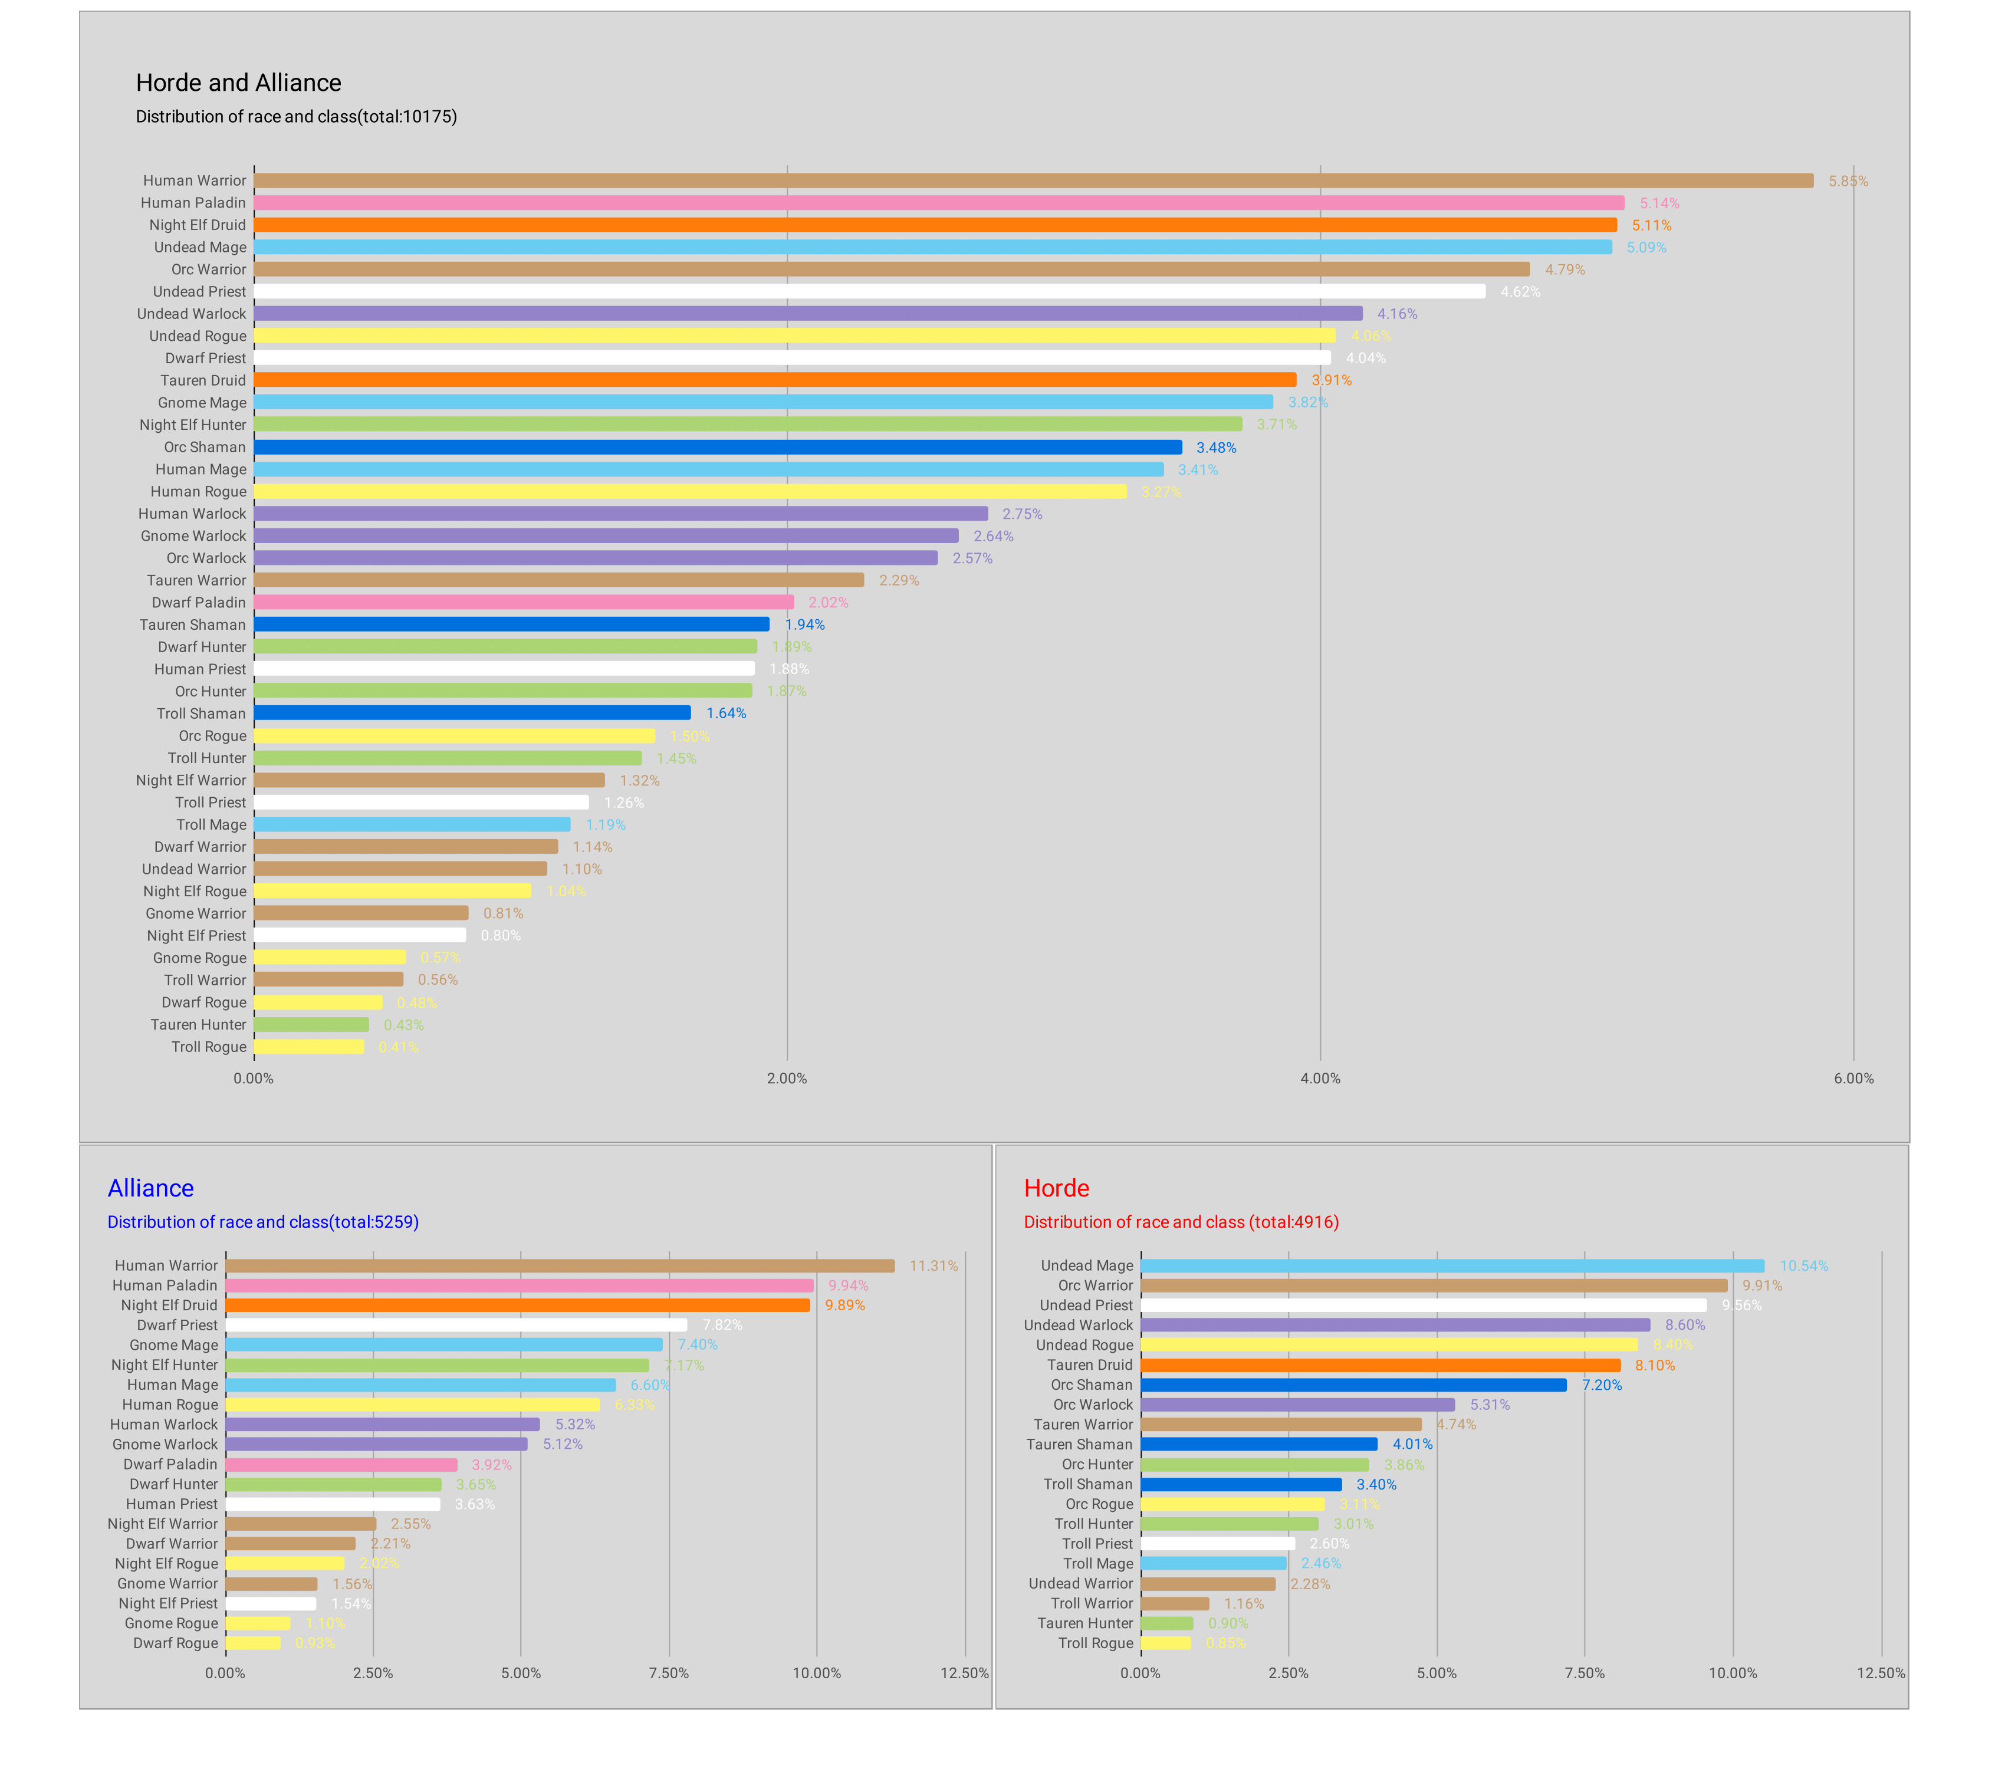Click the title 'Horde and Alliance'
[x=238, y=83]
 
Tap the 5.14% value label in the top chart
[x=1659, y=203]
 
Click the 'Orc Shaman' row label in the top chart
[x=205, y=447]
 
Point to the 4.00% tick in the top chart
[x=1319, y=1079]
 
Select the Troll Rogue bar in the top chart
[x=309, y=1047]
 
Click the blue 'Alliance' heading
[x=150, y=1189]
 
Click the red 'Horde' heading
[x=1056, y=1189]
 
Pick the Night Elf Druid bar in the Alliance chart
[x=517, y=1305]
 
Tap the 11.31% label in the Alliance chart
[x=933, y=1266]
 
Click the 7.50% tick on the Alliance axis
[x=668, y=1673]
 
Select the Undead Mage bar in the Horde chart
[x=1452, y=1266]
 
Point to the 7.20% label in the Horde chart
[x=1601, y=1385]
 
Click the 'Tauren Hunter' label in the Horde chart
[x=1085, y=1623]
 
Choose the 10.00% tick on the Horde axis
[x=1733, y=1673]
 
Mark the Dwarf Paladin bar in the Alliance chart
[x=341, y=1464]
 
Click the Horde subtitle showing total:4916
[x=1181, y=1222]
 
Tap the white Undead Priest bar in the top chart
[x=869, y=291]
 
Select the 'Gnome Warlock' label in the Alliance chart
[x=165, y=1445]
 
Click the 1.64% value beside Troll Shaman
[x=726, y=713]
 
